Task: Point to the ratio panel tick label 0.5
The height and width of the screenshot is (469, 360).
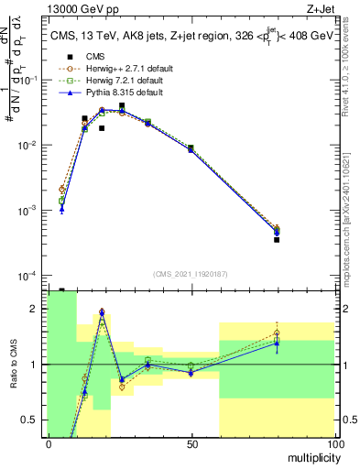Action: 31,420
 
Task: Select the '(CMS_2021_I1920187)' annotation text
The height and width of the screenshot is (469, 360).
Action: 191,273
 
